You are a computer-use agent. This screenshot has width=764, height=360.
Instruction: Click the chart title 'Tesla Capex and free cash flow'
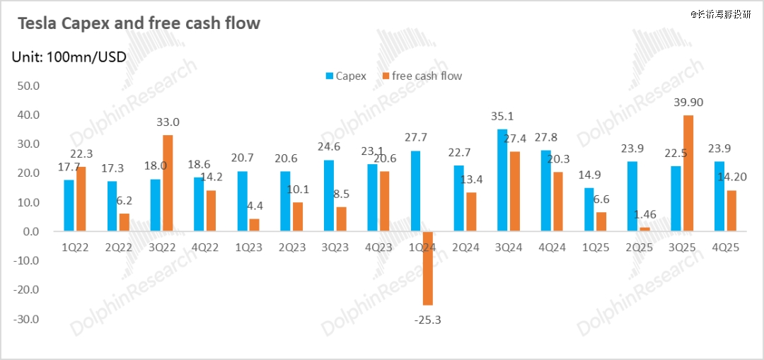coord(139,23)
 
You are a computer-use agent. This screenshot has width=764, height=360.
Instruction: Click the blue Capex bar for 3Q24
coord(502,180)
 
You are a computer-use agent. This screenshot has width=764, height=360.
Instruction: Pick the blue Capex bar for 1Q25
coord(589,209)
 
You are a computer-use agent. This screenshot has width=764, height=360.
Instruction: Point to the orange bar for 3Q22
coord(168,182)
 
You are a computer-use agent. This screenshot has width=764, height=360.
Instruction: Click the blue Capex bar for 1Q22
coord(69,205)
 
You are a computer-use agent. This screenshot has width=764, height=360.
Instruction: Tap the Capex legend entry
coord(346,76)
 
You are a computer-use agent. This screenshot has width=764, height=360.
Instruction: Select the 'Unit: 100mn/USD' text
coord(69,57)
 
